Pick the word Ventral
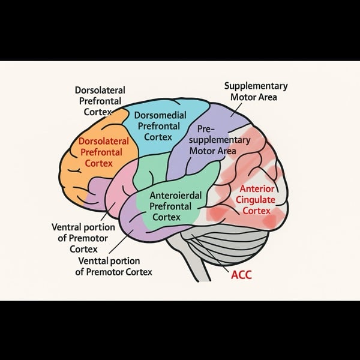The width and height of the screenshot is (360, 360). pyautogui.click(x=70, y=227)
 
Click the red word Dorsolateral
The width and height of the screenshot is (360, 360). pyautogui.click(x=101, y=142)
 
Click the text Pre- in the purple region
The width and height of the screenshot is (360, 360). pyautogui.click(x=205, y=129)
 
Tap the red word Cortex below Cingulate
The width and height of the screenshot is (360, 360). pyautogui.click(x=256, y=211)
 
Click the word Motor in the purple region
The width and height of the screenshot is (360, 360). pyautogui.click(x=201, y=150)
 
